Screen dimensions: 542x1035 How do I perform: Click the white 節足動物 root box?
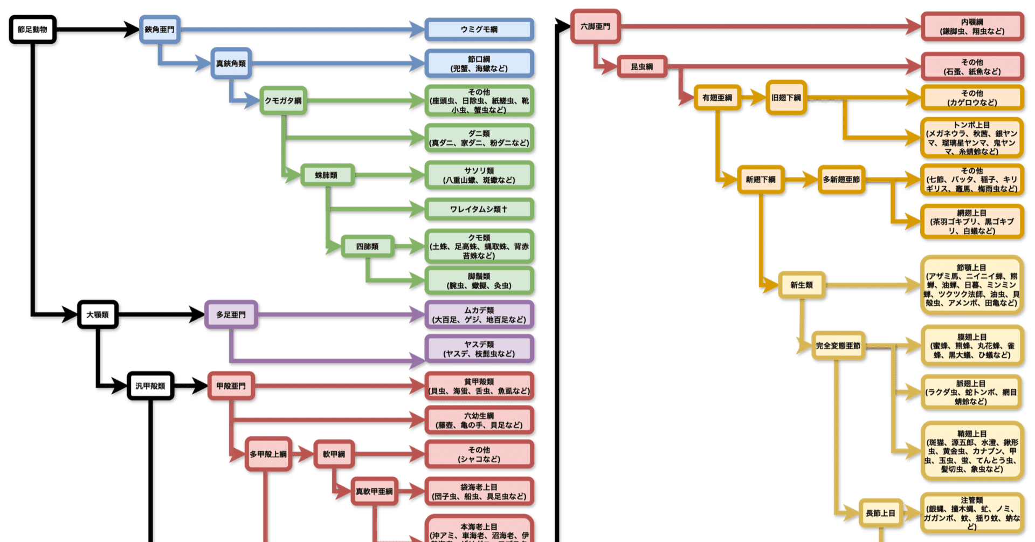click(x=33, y=30)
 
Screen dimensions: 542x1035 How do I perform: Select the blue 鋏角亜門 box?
click(x=160, y=30)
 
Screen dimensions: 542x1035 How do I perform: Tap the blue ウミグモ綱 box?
click(x=479, y=30)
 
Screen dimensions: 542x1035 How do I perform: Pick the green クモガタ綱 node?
click(x=283, y=100)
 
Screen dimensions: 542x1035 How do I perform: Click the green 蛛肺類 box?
click(x=327, y=175)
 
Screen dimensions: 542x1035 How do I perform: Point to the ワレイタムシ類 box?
click(x=479, y=209)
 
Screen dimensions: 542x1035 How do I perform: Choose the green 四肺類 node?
click(x=367, y=246)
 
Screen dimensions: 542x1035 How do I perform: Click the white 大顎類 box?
click(x=98, y=314)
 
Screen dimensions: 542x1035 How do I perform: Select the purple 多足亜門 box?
click(x=231, y=314)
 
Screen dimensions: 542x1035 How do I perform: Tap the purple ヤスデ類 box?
click(x=479, y=349)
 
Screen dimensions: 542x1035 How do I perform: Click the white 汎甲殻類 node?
click(x=150, y=386)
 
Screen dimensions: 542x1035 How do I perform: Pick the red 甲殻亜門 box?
click(x=231, y=386)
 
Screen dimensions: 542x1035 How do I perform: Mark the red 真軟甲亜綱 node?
click(x=374, y=491)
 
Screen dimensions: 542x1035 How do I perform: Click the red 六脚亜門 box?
click(x=595, y=26)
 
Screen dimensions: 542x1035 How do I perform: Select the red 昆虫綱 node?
click(x=641, y=67)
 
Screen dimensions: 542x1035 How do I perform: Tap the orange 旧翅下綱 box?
click(x=786, y=98)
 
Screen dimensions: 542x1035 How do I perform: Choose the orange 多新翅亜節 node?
click(x=841, y=180)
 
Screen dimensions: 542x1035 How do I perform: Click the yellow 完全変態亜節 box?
click(x=838, y=346)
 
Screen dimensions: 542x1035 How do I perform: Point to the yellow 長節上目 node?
click(x=880, y=513)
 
